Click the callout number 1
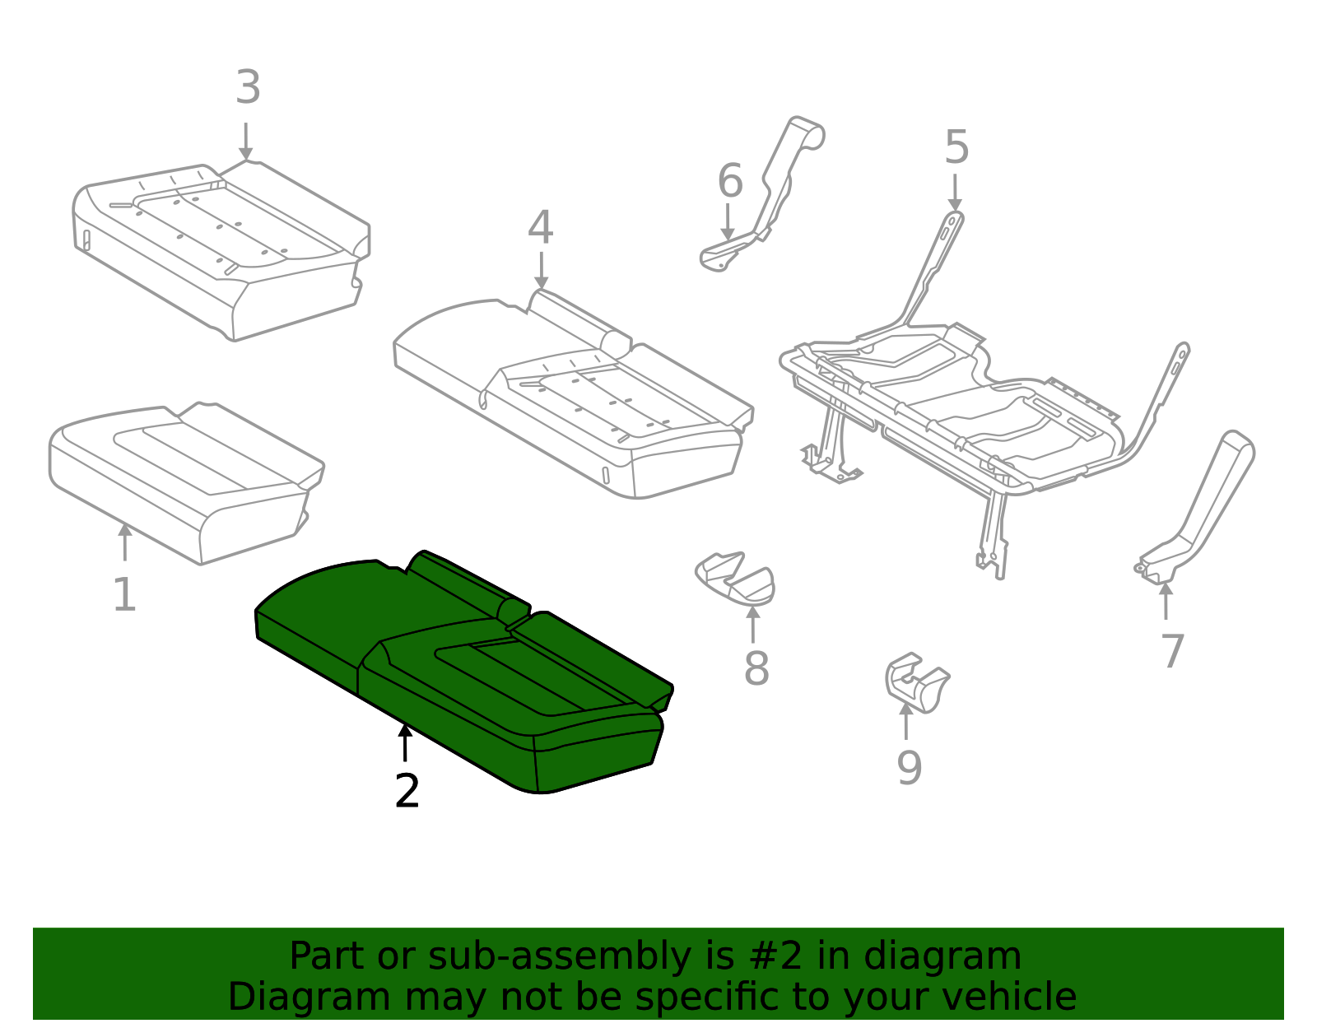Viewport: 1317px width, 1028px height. pyautogui.click(x=123, y=595)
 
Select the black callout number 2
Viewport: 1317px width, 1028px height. pyautogui.click(x=407, y=791)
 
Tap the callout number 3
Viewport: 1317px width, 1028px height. pyautogui.click(x=248, y=87)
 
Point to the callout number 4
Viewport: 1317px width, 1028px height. pyautogui.click(x=540, y=227)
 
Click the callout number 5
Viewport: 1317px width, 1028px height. pyautogui.click(x=956, y=148)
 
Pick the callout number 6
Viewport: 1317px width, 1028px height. pyautogui.click(x=730, y=181)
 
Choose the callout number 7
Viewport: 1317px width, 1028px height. pyautogui.click(x=1172, y=651)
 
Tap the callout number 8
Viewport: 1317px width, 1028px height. pyautogui.click(x=756, y=668)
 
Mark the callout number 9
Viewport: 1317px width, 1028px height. pyautogui.click(x=909, y=768)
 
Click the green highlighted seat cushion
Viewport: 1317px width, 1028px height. pyautogui.click(x=461, y=667)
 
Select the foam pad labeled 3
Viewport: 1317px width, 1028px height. pyautogui.click(x=222, y=247)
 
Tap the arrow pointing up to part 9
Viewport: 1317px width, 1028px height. pyautogui.click(x=905, y=720)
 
